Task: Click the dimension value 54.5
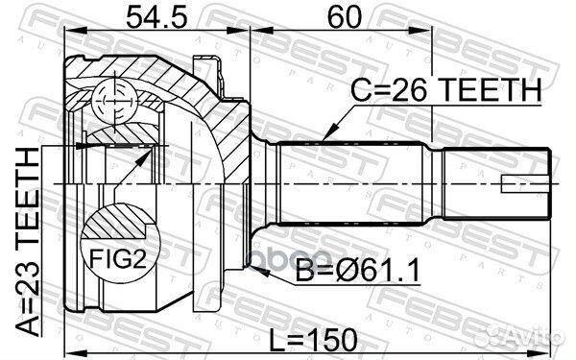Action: [x=156, y=17]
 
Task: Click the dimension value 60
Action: [x=345, y=17]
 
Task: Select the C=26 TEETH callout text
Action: [x=445, y=90]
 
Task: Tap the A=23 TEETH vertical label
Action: [x=28, y=243]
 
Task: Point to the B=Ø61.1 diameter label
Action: [x=357, y=272]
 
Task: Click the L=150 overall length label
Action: [x=313, y=340]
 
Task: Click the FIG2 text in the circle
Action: [x=118, y=258]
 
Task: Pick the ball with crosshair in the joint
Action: [x=115, y=100]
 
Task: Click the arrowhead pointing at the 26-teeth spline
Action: [x=329, y=133]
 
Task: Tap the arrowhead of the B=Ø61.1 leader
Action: [x=258, y=272]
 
